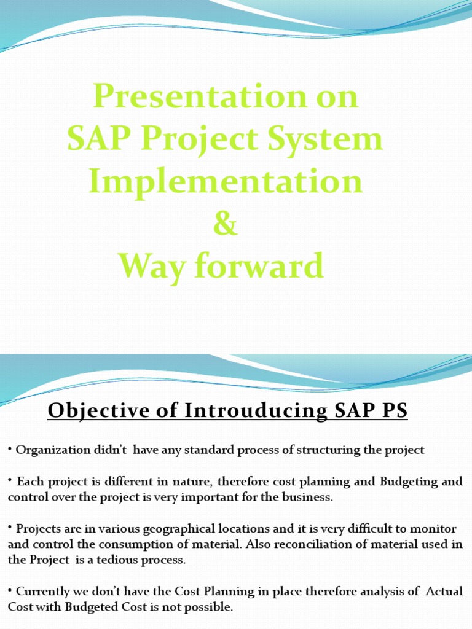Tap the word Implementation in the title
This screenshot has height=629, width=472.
coord(225,181)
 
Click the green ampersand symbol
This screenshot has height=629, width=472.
coord(225,224)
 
